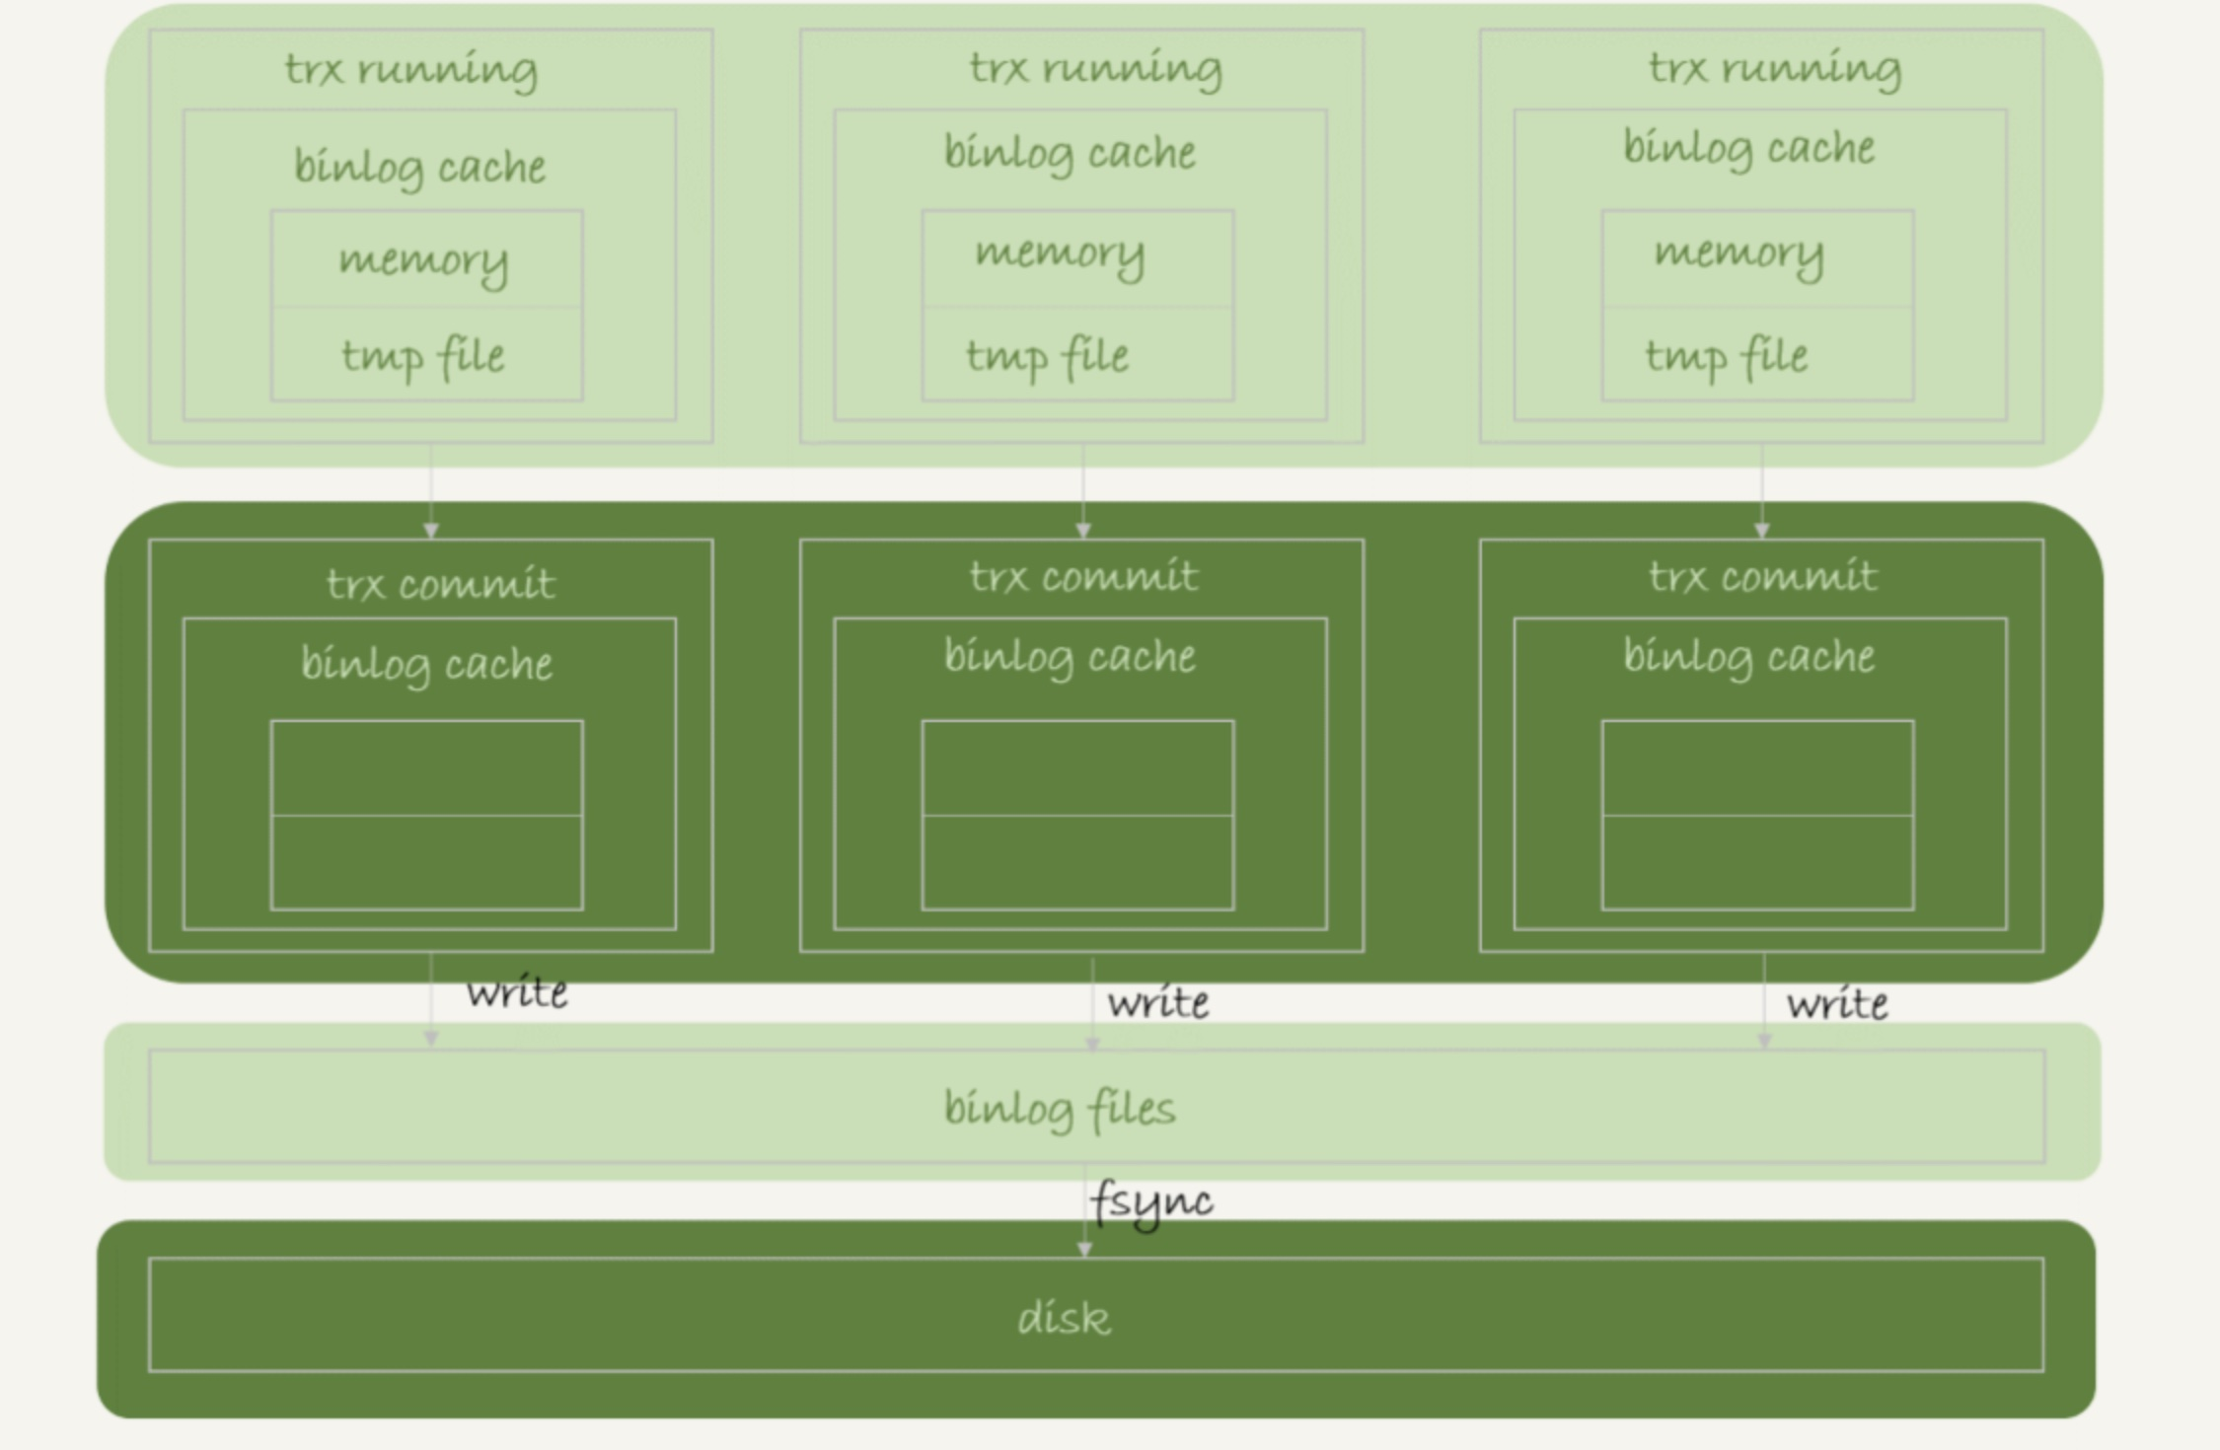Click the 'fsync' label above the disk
[x=1151, y=1202]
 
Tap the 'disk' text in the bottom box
[x=1064, y=1318]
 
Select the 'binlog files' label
[x=1060, y=1109]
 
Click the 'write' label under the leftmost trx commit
[x=517, y=992]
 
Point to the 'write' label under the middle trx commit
[x=1157, y=1003]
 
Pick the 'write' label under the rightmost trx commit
[x=1837, y=1004]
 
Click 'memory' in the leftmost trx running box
[x=424, y=260]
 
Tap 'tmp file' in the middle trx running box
[x=1047, y=356]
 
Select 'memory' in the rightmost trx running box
[x=1739, y=253]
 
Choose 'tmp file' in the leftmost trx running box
[x=423, y=356]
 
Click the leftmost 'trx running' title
[x=411, y=70]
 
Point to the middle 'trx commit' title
[x=1083, y=576]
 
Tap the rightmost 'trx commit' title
[x=1763, y=576]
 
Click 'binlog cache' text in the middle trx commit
[x=1070, y=657]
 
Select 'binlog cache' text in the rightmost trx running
[x=1749, y=148]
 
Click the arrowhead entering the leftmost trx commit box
[x=431, y=531]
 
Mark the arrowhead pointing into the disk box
[x=1084, y=1249]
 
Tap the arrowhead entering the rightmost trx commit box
[x=1762, y=531]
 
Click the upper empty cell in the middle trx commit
[x=1077, y=768]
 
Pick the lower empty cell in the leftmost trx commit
[x=426, y=863]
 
